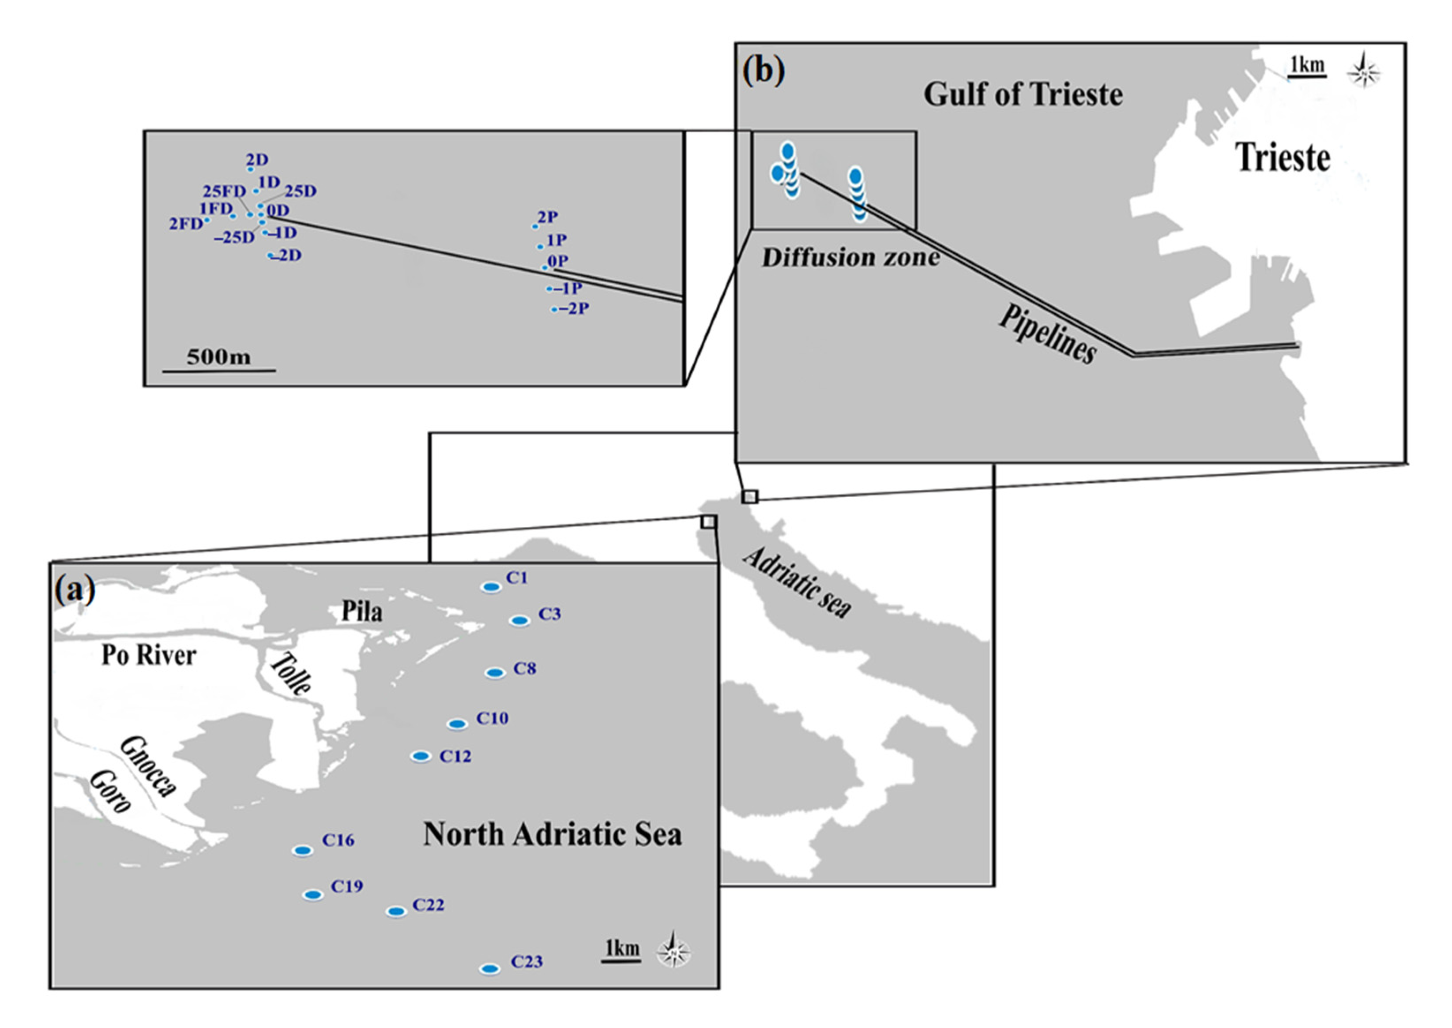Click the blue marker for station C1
tap(491, 587)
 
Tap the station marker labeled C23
tap(489, 969)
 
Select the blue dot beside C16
tap(303, 850)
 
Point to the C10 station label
tap(492, 718)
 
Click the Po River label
tap(149, 655)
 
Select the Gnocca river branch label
tap(148, 766)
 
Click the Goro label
tap(110, 791)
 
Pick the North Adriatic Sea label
tap(552, 834)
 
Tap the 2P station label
tap(548, 217)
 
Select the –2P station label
tap(574, 308)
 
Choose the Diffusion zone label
tap(850, 258)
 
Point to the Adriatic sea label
tap(797, 582)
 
